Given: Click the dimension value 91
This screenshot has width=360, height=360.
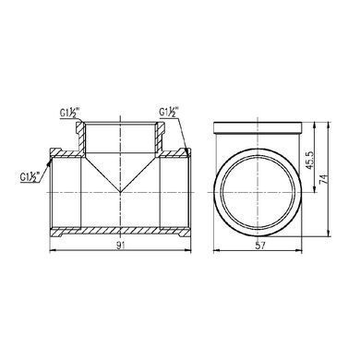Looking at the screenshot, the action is point(121,246).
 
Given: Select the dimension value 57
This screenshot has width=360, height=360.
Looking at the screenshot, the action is point(260,246).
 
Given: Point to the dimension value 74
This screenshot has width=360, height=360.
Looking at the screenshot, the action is point(324,179).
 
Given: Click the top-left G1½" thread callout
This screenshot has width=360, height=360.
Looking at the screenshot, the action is point(70,113).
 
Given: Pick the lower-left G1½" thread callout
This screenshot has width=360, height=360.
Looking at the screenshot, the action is point(31,177).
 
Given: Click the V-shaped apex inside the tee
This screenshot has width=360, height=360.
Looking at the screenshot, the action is point(120,192).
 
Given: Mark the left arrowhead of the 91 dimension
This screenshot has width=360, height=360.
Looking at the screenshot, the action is point(53,251).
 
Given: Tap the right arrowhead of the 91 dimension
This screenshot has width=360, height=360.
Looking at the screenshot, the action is point(187,251).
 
